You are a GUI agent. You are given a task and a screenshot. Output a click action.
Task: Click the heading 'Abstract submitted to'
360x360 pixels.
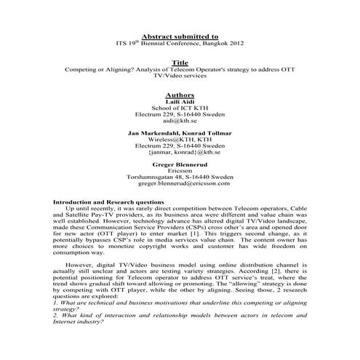pos(179,35)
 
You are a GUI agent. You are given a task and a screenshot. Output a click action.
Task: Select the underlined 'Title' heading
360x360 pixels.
pos(179,63)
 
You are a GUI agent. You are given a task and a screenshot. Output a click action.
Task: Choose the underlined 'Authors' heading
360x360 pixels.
pos(179,95)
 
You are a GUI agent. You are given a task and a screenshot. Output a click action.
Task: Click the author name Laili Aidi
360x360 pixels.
pos(179,102)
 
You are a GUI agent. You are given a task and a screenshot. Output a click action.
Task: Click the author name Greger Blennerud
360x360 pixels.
pos(179,167)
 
